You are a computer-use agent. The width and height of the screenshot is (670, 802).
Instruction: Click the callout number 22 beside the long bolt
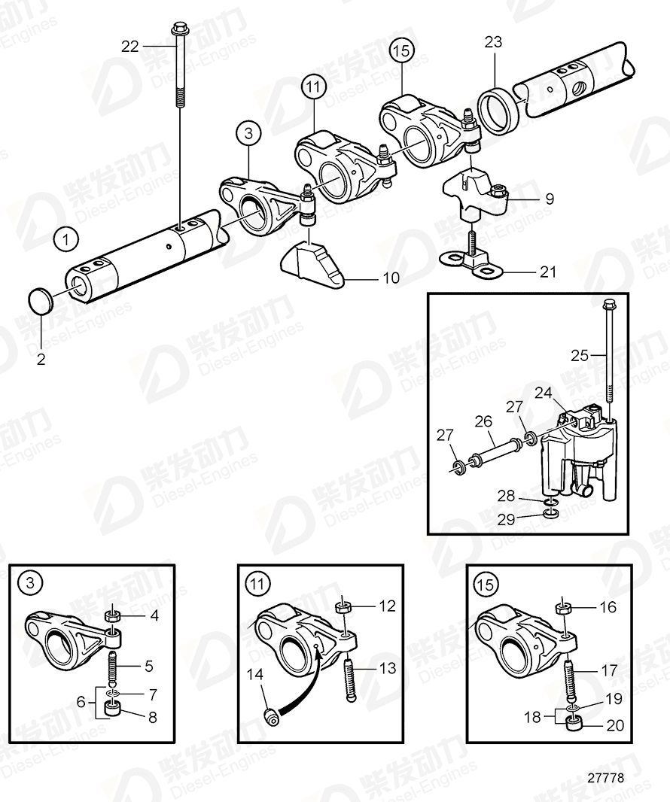click(131, 46)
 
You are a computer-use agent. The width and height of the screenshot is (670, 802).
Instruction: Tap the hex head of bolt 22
click(180, 29)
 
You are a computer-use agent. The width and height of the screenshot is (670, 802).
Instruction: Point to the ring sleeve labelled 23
click(494, 108)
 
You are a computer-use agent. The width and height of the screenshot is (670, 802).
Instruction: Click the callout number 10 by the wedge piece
click(391, 278)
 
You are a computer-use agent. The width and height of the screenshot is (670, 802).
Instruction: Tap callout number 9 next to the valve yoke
click(549, 199)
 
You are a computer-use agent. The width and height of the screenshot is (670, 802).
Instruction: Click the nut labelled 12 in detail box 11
click(342, 606)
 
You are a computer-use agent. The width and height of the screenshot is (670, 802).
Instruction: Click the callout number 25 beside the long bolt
click(579, 355)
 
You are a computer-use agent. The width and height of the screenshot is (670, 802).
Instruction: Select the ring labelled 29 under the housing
click(551, 514)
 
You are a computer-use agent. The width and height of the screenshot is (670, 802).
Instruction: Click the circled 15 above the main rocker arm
click(401, 50)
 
